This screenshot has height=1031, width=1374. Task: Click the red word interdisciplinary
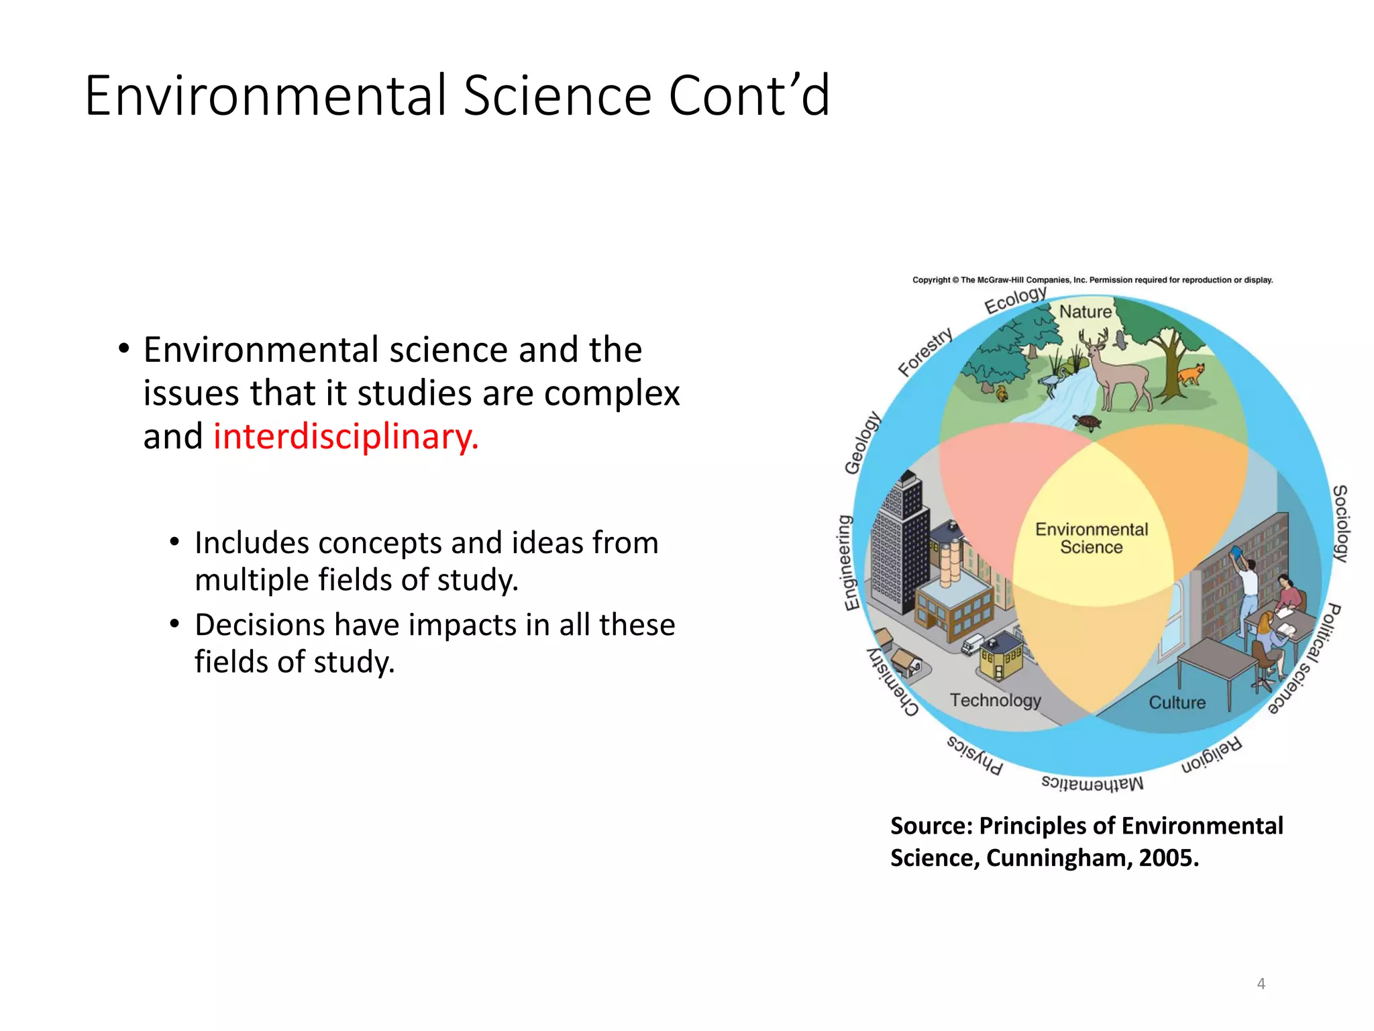point(346,437)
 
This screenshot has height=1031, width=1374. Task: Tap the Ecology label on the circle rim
point(1015,300)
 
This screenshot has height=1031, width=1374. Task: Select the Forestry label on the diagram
point(925,352)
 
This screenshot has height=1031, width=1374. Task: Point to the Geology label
point(862,443)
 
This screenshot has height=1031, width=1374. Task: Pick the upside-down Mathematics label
point(1092,783)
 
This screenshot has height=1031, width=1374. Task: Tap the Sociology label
point(1340,524)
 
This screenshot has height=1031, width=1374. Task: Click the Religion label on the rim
point(1212,756)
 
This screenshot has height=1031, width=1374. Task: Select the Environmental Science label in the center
point(1092,538)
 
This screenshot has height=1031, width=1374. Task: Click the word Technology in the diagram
point(995,700)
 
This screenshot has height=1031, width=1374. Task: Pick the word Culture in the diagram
point(1177,703)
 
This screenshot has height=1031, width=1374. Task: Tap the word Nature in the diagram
point(1085,312)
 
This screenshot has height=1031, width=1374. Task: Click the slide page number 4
point(1261,984)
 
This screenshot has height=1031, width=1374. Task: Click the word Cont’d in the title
point(749,95)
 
